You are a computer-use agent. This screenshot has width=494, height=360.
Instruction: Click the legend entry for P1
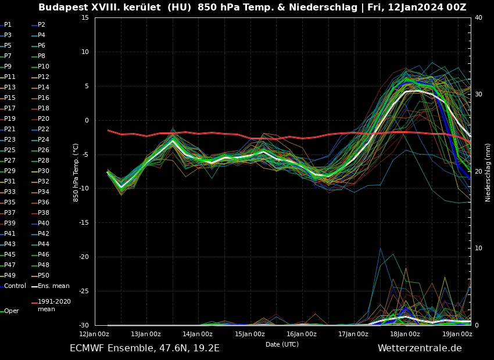pyautogui.click(x=8, y=25)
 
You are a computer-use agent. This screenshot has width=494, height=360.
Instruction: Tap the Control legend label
pyautogui.click(x=15, y=286)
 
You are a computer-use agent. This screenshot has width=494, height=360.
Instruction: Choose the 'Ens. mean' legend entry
pyautogui.click(x=53, y=286)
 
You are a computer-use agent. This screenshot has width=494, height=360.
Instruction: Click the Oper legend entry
pyautogui.click(x=11, y=311)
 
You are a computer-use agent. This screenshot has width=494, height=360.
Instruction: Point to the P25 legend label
pyautogui.click(x=10, y=150)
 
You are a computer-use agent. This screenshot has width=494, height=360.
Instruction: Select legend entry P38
pyautogui.click(x=44, y=213)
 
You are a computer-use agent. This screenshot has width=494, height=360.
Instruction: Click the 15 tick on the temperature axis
pyautogui.click(x=85, y=18)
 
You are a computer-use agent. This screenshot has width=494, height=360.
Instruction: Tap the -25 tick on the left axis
pyautogui.click(x=83, y=291)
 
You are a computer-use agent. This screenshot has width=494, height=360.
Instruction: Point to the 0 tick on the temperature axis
pyautogui.click(x=86, y=121)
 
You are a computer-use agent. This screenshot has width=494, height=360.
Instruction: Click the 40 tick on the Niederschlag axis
pyautogui.click(x=478, y=18)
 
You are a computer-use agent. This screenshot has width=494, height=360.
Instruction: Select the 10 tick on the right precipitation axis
pyautogui.click(x=478, y=249)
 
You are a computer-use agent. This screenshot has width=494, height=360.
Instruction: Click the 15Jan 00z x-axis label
pyautogui.click(x=249, y=334)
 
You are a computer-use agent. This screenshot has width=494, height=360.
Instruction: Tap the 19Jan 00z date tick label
pyautogui.click(x=457, y=334)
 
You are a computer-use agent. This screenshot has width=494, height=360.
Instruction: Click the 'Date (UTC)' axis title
pyautogui.click(x=282, y=345)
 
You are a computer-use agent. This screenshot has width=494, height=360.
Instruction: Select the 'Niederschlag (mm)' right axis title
pyautogui.click(x=488, y=172)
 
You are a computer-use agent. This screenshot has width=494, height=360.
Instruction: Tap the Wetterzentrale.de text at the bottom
pyautogui.click(x=419, y=348)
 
